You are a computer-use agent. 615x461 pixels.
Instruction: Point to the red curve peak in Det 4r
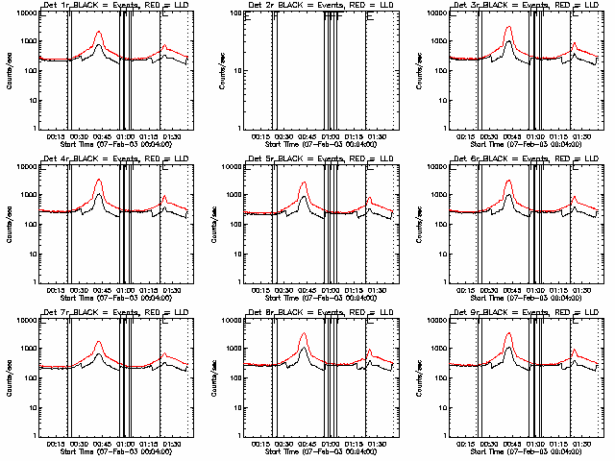(x=99, y=180)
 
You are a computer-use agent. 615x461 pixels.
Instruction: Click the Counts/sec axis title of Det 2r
(x=211, y=71)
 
